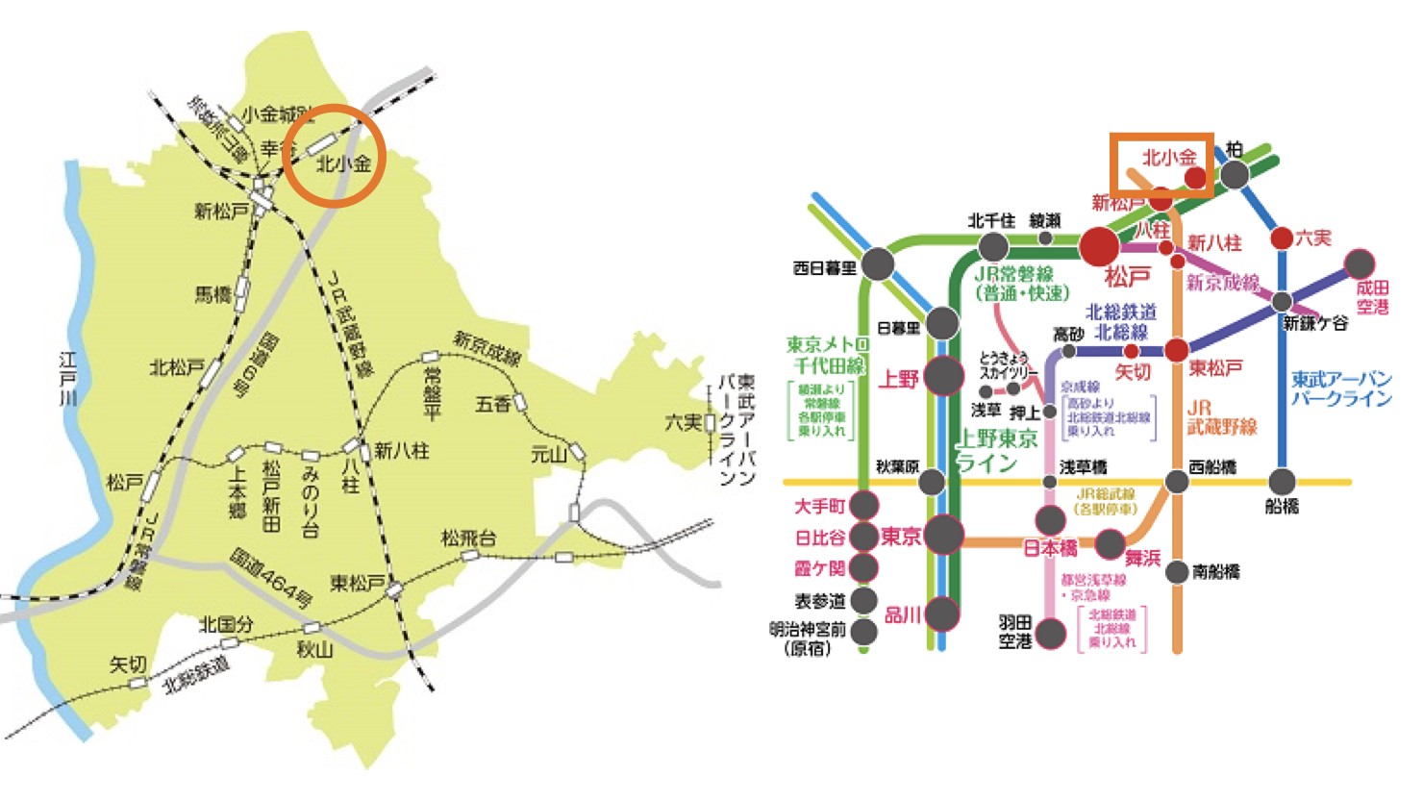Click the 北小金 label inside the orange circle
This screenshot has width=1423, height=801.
point(343,163)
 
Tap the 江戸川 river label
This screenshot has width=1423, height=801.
point(67,378)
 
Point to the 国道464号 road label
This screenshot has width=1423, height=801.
point(271,578)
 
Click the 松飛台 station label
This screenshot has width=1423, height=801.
point(468,538)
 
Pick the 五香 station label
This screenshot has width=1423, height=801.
point(492,405)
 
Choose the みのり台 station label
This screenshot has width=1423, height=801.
point(310,500)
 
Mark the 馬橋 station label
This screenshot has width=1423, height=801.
point(213,294)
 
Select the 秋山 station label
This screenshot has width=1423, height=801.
point(314,650)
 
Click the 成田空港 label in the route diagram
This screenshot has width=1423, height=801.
point(1372,297)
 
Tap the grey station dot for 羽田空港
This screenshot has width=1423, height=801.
point(1051,633)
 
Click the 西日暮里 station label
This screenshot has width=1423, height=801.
point(824,268)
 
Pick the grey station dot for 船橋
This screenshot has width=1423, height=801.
point(1282,481)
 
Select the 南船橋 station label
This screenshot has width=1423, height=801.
point(1216,572)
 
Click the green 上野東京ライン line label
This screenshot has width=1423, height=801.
point(995,451)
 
